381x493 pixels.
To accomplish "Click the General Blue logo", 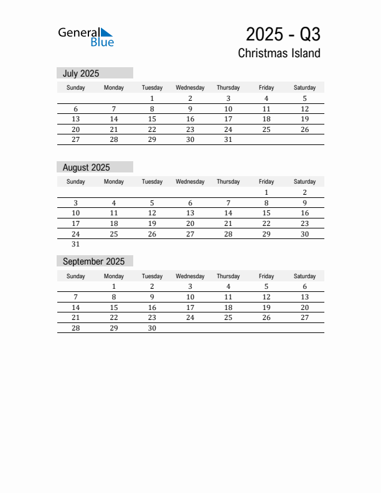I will coord(86,37).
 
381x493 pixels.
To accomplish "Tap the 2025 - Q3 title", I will coord(283,34).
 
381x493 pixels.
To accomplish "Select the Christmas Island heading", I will coord(279,54).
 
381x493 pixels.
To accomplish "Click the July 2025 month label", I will coord(81,73).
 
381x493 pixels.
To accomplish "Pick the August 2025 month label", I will coord(86,167).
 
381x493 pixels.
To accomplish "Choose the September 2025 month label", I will coord(93,261).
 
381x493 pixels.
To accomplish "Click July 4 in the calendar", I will coord(266,98).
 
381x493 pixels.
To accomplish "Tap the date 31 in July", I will coord(228,140).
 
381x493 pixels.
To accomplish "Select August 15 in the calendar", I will coord(266,213).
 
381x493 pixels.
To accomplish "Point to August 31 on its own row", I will coord(76,245).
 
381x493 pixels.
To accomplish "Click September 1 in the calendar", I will coord(114,286).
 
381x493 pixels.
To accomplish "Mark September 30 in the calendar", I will coord(152,329).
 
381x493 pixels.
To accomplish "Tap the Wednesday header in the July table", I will coord(190,88).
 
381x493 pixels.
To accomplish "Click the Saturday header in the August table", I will coord(304,182).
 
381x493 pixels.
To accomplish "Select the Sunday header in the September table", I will coord(76,276).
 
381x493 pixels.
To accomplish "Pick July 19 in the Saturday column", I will coord(304,119).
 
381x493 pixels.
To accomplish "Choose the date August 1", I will coord(266,192).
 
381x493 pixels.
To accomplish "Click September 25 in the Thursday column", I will coord(228,317).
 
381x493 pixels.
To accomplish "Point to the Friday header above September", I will coord(266,276).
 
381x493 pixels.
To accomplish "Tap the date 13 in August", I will coord(190,213).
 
